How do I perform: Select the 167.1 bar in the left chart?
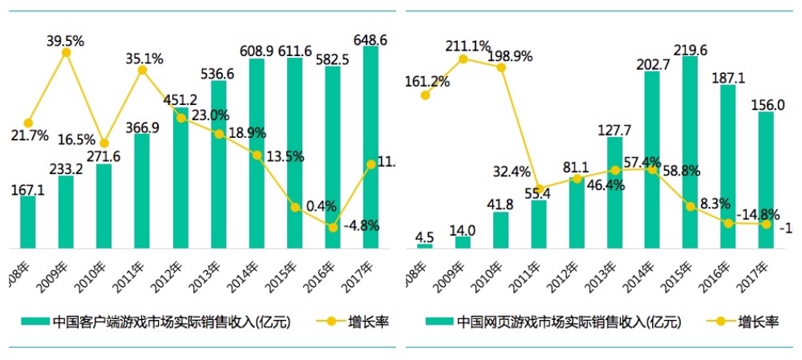click(28, 221)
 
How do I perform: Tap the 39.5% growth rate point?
click(67, 52)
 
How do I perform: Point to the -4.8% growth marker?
click(333, 227)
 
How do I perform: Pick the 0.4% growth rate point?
click(295, 208)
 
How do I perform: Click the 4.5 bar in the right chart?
click(425, 245)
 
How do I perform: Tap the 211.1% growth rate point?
click(464, 59)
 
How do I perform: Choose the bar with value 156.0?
click(766, 180)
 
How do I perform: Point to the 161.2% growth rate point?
click(425, 95)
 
